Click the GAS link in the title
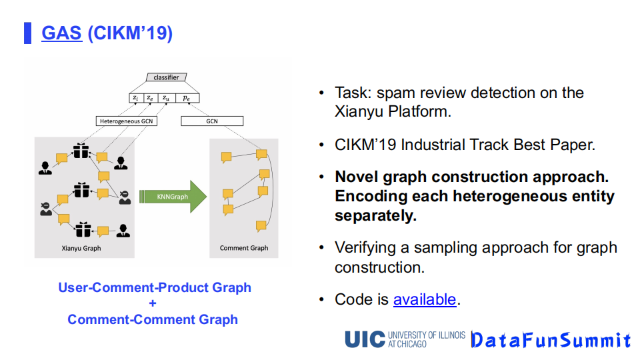tap(61, 33)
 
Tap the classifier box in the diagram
tap(166, 77)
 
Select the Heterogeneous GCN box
tap(127, 121)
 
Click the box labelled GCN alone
tap(212, 121)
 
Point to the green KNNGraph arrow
tap(173, 197)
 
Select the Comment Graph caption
tap(244, 248)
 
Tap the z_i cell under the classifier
tap(135, 98)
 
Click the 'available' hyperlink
tap(425, 299)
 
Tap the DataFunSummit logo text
tap(550, 340)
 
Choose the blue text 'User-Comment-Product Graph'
tap(155, 287)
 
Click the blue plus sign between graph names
tap(153, 303)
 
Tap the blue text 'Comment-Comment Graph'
tap(153, 319)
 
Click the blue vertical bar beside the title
tap(28, 33)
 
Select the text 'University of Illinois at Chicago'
tap(426, 339)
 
